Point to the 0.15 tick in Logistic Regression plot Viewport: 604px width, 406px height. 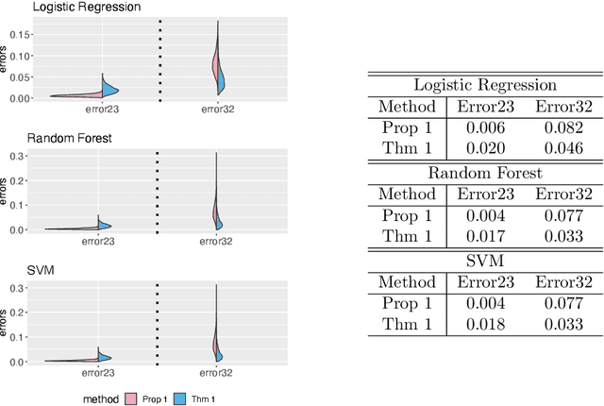click(x=16, y=36)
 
